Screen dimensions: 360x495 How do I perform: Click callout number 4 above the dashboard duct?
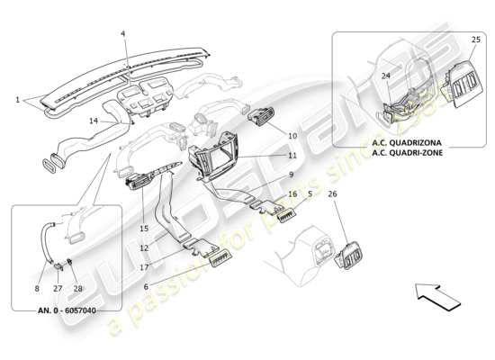(x=123, y=34)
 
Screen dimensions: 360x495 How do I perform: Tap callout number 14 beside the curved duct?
(x=94, y=121)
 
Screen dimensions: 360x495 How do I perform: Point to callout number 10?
(x=292, y=136)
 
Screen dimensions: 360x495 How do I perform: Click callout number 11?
(x=292, y=156)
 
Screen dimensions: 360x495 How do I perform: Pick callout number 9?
(x=292, y=175)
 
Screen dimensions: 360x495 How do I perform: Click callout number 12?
(x=144, y=247)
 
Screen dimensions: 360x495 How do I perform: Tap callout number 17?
(x=144, y=266)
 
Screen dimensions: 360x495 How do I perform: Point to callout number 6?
(x=144, y=285)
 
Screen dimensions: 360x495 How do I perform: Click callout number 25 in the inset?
(x=476, y=40)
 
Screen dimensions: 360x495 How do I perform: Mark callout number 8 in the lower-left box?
(x=37, y=289)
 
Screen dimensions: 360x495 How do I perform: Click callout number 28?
(x=77, y=289)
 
